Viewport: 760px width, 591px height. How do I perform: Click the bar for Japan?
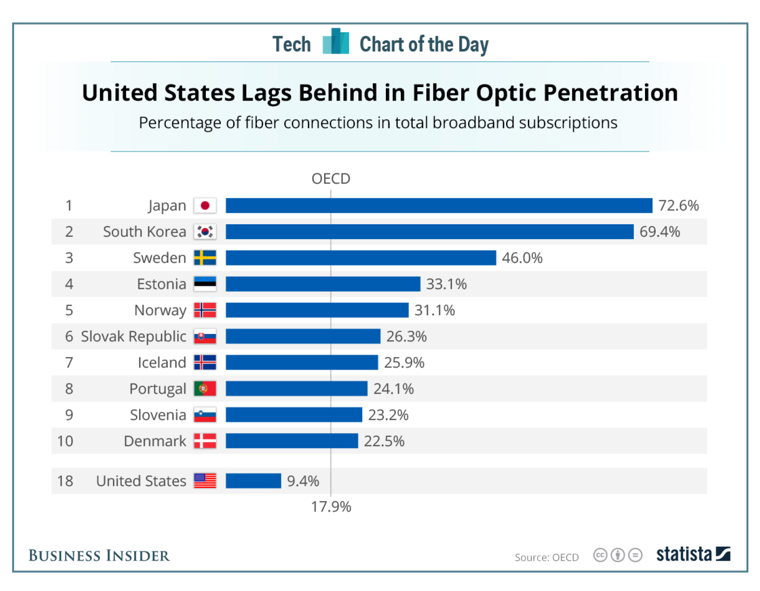[439, 206]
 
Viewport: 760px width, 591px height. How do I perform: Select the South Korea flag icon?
[205, 231]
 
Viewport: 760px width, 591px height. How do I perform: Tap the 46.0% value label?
[522, 258]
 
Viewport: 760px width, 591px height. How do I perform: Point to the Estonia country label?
[161, 284]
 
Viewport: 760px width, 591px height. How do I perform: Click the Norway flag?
[205, 310]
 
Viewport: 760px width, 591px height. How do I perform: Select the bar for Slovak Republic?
[303, 336]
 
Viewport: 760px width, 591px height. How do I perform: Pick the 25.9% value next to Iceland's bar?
[404, 362]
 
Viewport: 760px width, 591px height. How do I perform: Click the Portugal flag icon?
[205, 388]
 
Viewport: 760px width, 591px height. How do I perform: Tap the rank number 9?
[69, 415]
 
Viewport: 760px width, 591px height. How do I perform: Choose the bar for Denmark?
[291, 441]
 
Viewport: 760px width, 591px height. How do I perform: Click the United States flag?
[205, 481]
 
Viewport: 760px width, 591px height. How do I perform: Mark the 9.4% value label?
[303, 481]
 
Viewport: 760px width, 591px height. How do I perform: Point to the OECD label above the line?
[331, 179]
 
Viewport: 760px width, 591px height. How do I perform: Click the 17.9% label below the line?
[331, 507]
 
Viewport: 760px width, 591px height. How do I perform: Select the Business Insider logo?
[99, 555]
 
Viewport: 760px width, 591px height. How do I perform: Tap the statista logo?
[693, 554]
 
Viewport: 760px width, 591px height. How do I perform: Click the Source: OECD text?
[546, 557]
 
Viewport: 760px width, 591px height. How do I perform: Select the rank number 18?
[65, 481]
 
